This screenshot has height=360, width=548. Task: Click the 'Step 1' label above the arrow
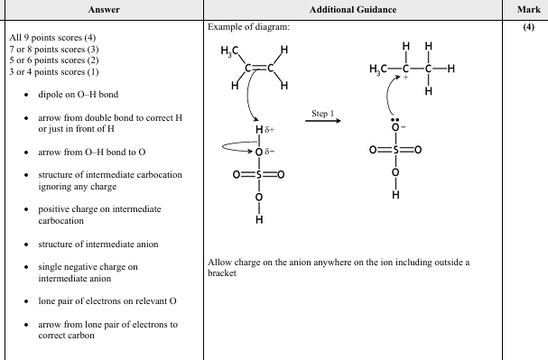coord(322,115)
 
